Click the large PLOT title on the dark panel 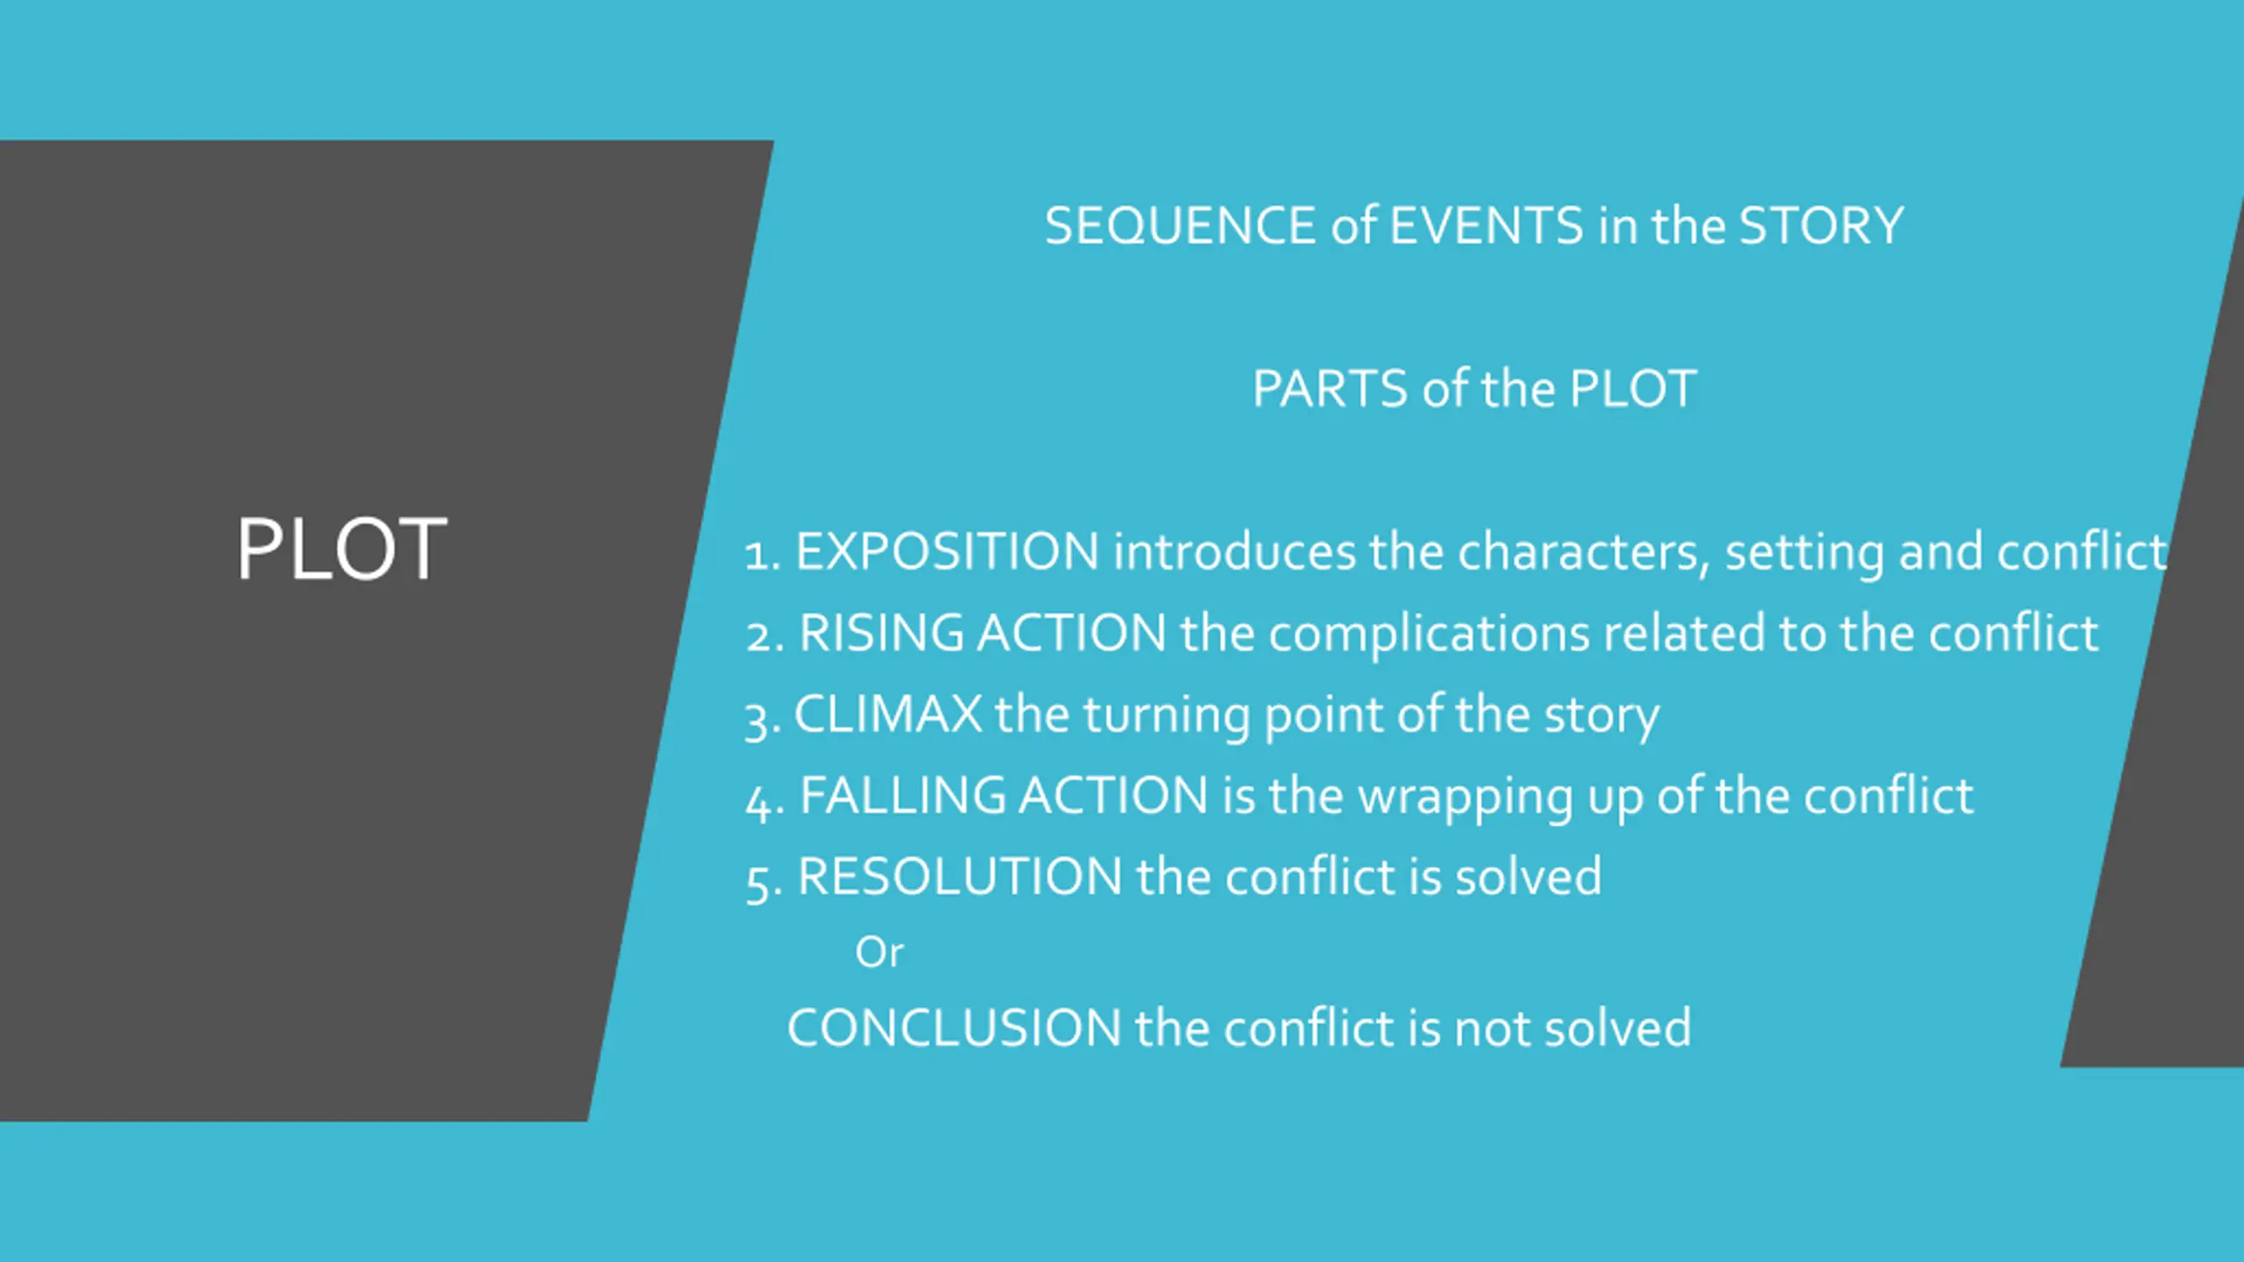[342, 549]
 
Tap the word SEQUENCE [1181, 226]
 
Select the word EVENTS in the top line [1487, 226]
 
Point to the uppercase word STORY [1821, 226]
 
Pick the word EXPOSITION [947, 552]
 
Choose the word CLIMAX [888, 714]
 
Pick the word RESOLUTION [960, 876]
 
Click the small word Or [878, 953]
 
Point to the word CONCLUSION [955, 1028]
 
